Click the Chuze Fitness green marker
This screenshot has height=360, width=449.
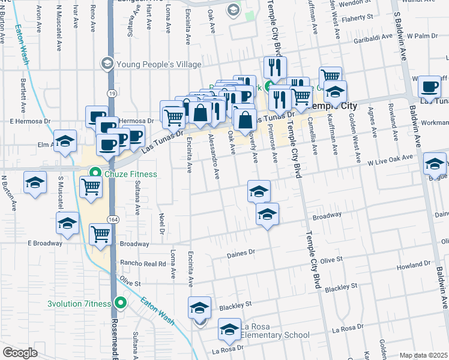[94, 174]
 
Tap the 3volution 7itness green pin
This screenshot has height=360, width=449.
[121, 304]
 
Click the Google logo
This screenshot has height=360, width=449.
[20, 353]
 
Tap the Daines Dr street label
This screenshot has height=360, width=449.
[241, 254]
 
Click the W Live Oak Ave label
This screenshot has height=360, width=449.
[390, 159]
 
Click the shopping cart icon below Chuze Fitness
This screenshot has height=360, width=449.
[91, 188]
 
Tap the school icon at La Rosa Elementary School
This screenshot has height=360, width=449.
[229, 329]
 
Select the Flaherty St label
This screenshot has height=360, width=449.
[359, 18]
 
